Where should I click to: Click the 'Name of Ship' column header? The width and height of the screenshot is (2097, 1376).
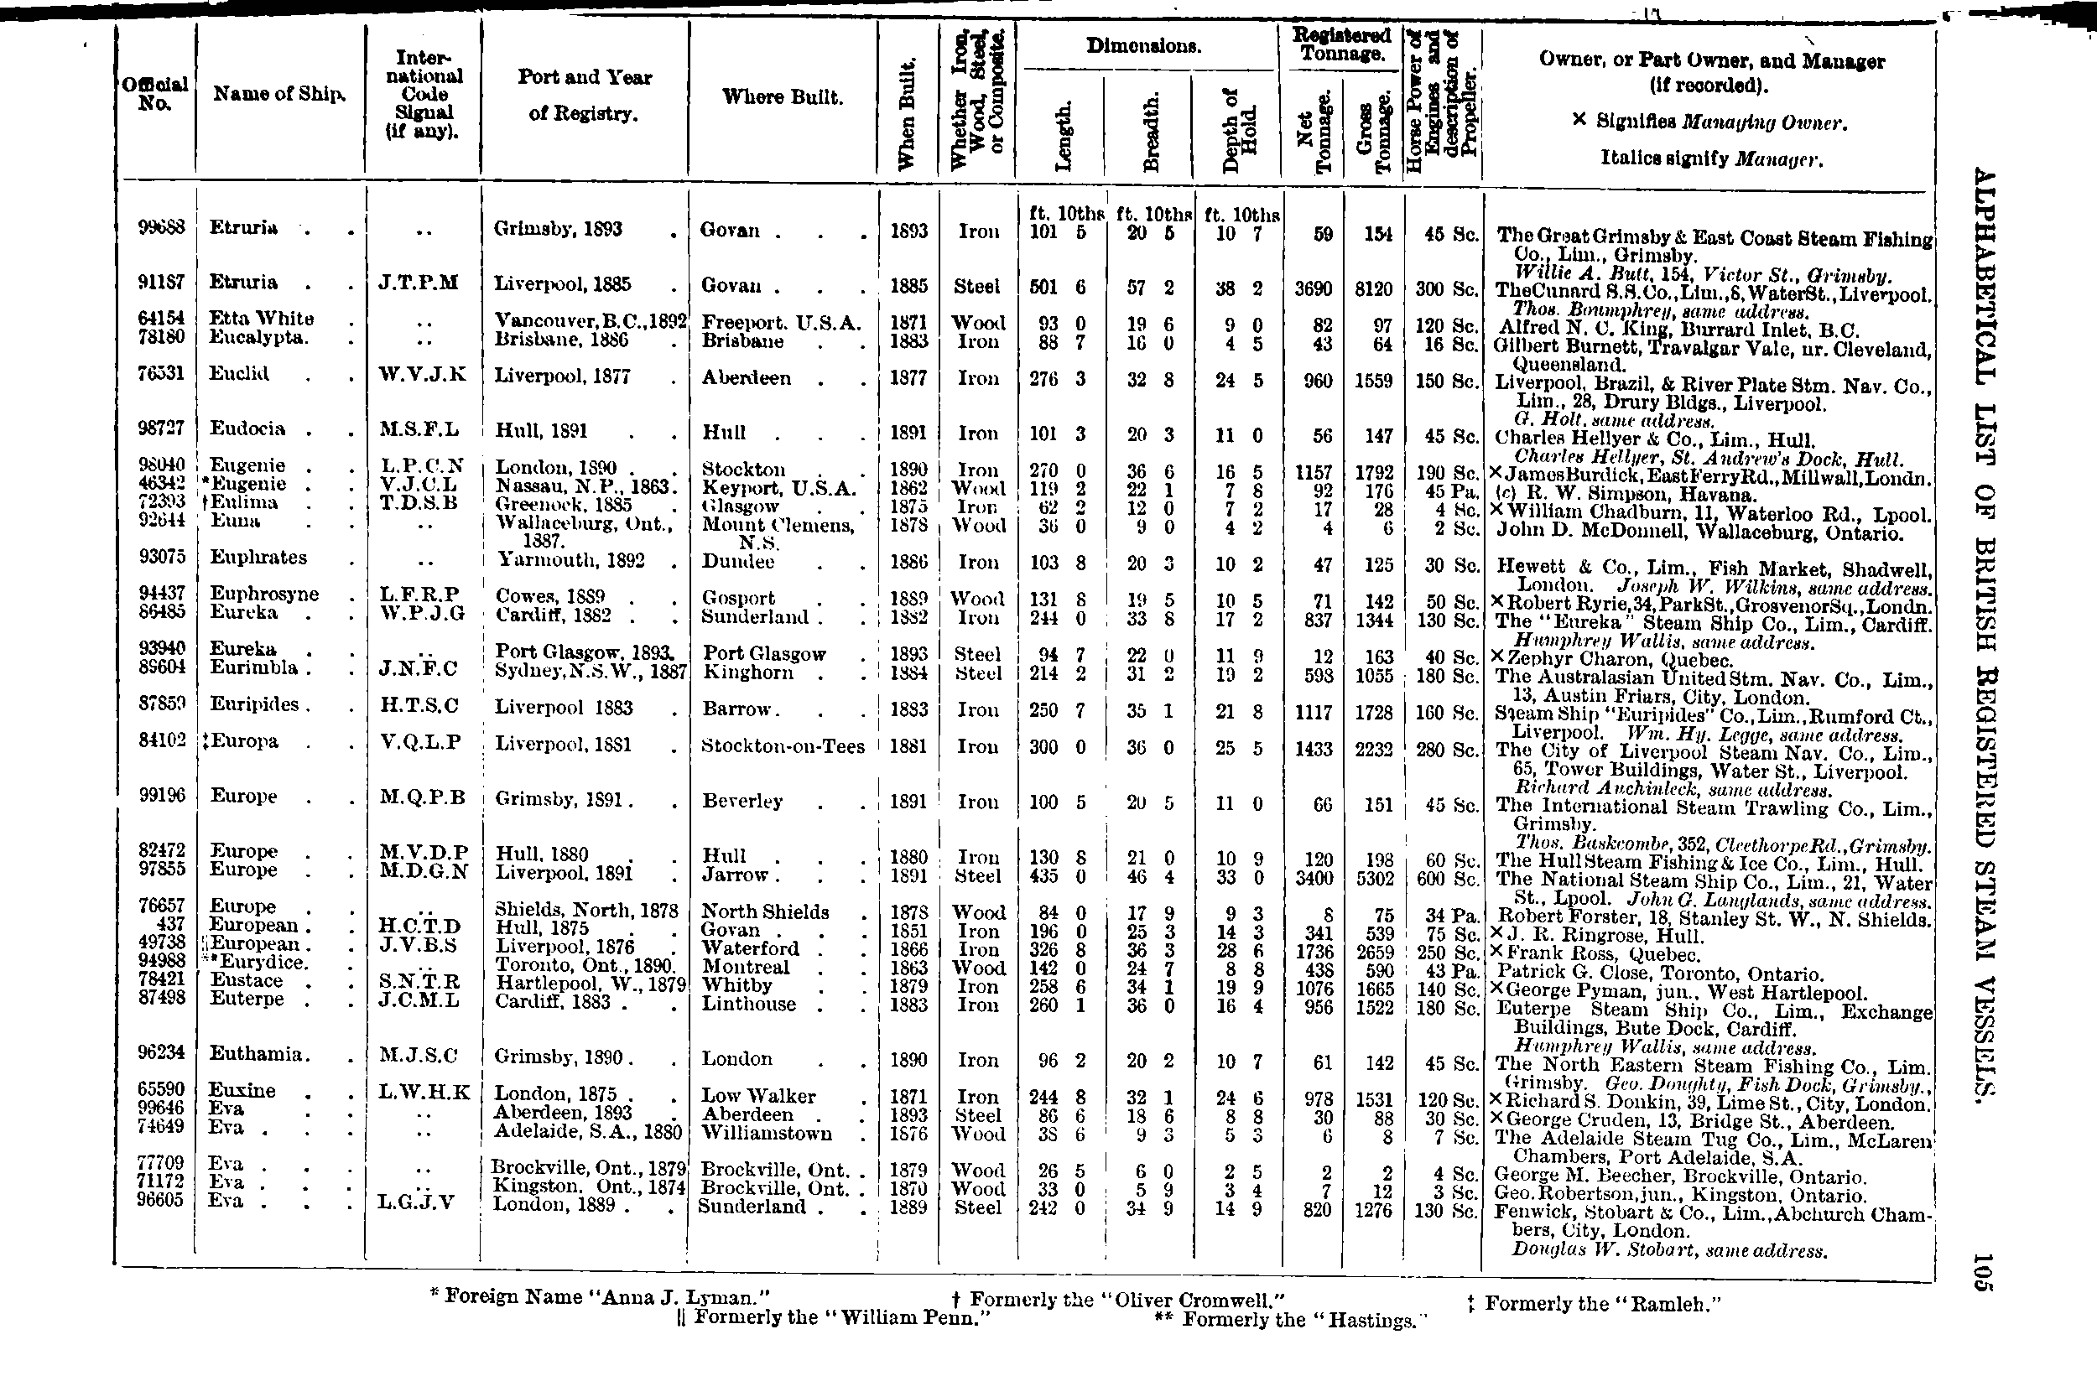[278, 94]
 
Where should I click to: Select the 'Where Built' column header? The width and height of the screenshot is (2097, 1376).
[782, 97]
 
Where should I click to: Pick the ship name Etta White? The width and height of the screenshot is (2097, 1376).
[261, 318]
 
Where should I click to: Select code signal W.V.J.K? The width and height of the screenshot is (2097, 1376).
[422, 374]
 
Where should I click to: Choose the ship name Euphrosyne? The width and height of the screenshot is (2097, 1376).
[263, 594]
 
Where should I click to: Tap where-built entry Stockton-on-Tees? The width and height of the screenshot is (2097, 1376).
[783, 746]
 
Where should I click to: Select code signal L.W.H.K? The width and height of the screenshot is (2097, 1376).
[424, 1093]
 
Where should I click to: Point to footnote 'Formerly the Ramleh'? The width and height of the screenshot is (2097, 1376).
[1594, 1303]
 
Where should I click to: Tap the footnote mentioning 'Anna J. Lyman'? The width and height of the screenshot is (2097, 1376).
[600, 1296]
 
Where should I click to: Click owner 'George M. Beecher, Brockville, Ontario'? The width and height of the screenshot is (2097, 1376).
[1679, 1177]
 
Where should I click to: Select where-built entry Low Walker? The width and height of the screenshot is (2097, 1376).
[757, 1097]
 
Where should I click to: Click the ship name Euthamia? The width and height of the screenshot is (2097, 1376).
[257, 1053]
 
